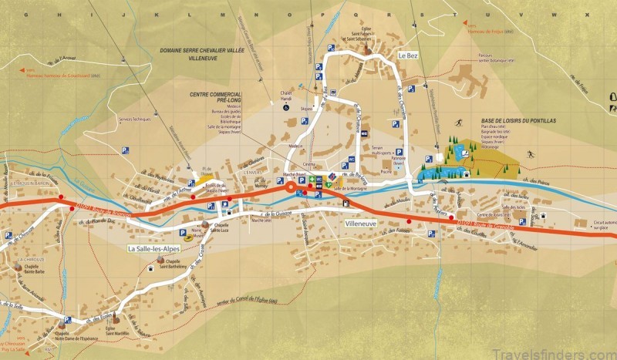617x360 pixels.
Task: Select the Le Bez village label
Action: (x=407, y=56)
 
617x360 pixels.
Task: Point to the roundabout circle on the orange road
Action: (x=292, y=187)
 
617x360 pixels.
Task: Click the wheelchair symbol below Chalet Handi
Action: (x=286, y=109)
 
